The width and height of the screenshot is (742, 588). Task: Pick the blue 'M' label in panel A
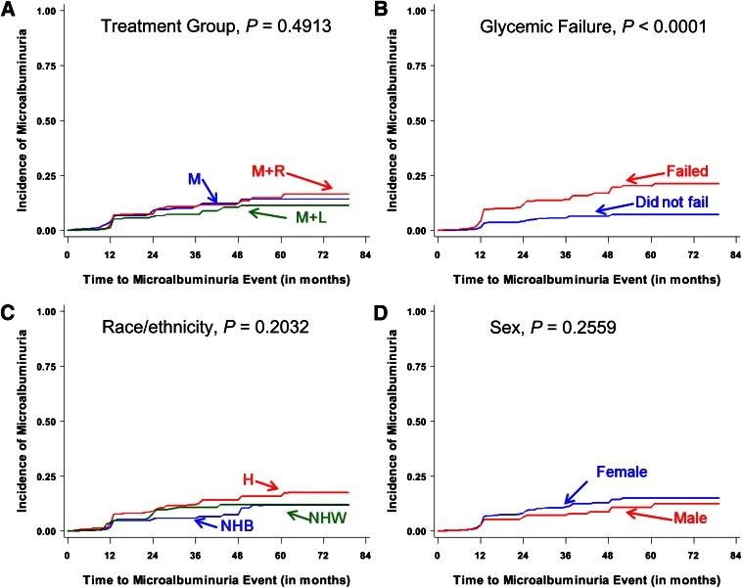(x=196, y=179)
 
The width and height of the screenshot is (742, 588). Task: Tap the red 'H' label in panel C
(x=250, y=478)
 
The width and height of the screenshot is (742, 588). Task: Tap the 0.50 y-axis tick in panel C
(x=42, y=422)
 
